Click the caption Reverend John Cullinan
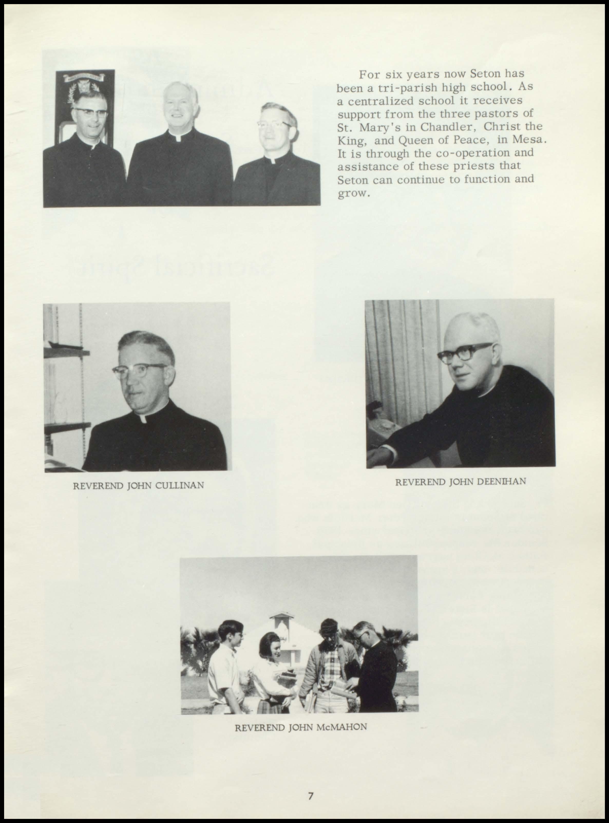click(139, 485)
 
